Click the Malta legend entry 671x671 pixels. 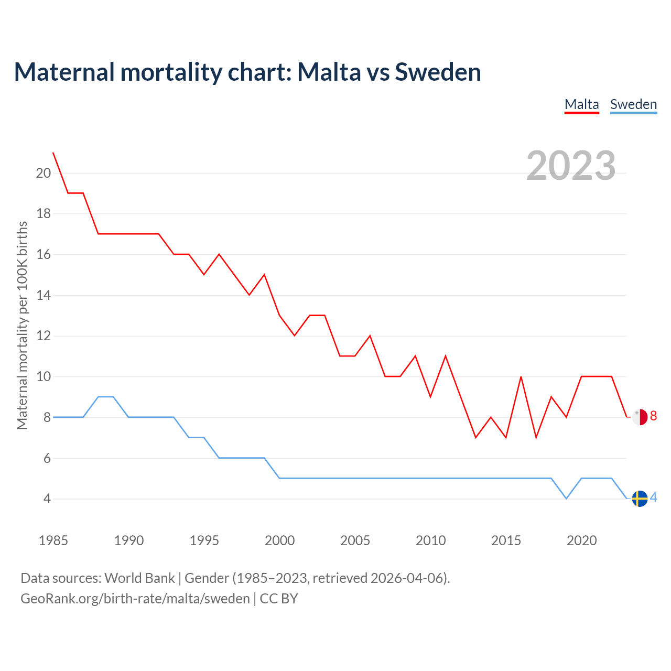(x=581, y=104)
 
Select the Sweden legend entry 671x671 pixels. (x=633, y=104)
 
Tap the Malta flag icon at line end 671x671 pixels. (x=640, y=417)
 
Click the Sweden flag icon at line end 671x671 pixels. (x=640, y=499)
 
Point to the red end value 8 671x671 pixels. (x=653, y=416)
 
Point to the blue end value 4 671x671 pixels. (x=653, y=498)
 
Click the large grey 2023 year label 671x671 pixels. (x=571, y=166)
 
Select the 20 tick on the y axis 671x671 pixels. (x=44, y=173)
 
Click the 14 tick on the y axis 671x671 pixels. (x=44, y=295)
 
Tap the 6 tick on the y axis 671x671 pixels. (x=47, y=458)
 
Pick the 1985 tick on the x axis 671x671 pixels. (x=53, y=540)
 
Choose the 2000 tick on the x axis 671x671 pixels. (x=279, y=540)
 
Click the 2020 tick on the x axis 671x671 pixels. (x=581, y=540)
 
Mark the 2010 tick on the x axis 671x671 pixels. (x=430, y=540)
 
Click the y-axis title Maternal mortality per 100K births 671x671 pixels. (x=22, y=325)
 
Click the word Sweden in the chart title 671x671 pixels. (x=438, y=72)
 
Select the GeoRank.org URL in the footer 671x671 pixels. (x=135, y=599)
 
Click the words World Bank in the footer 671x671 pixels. (x=139, y=578)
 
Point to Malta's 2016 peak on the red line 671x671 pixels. (x=521, y=377)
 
